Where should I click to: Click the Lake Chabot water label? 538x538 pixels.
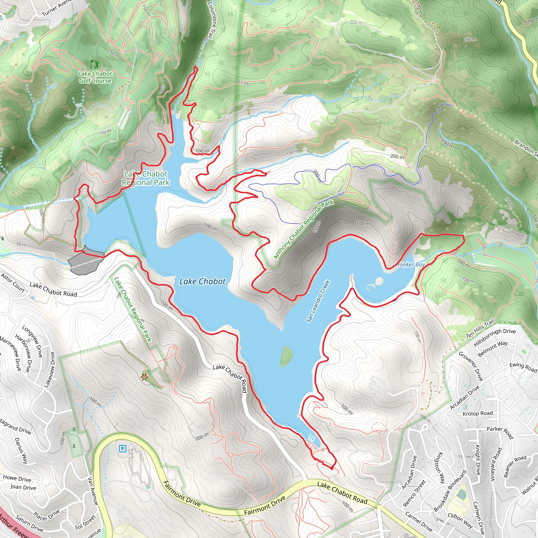tap(202, 282)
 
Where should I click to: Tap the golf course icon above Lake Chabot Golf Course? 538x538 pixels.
tap(95, 64)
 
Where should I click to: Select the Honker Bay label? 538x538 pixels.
tap(410, 265)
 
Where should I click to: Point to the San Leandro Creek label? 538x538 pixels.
tap(318, 301)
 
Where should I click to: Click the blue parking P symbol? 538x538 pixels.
tap(122, 449)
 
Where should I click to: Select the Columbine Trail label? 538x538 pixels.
tap(212, 19)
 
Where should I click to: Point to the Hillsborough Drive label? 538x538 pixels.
tap(495, 337)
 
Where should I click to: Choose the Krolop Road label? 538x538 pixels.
tap(478, 413)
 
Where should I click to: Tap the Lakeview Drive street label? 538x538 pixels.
tap(49, 370)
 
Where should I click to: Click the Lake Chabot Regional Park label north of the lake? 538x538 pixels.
tap(146, 178)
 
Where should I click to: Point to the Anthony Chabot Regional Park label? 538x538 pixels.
tap(303, 229)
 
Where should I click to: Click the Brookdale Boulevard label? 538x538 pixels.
tap(450, 491)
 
